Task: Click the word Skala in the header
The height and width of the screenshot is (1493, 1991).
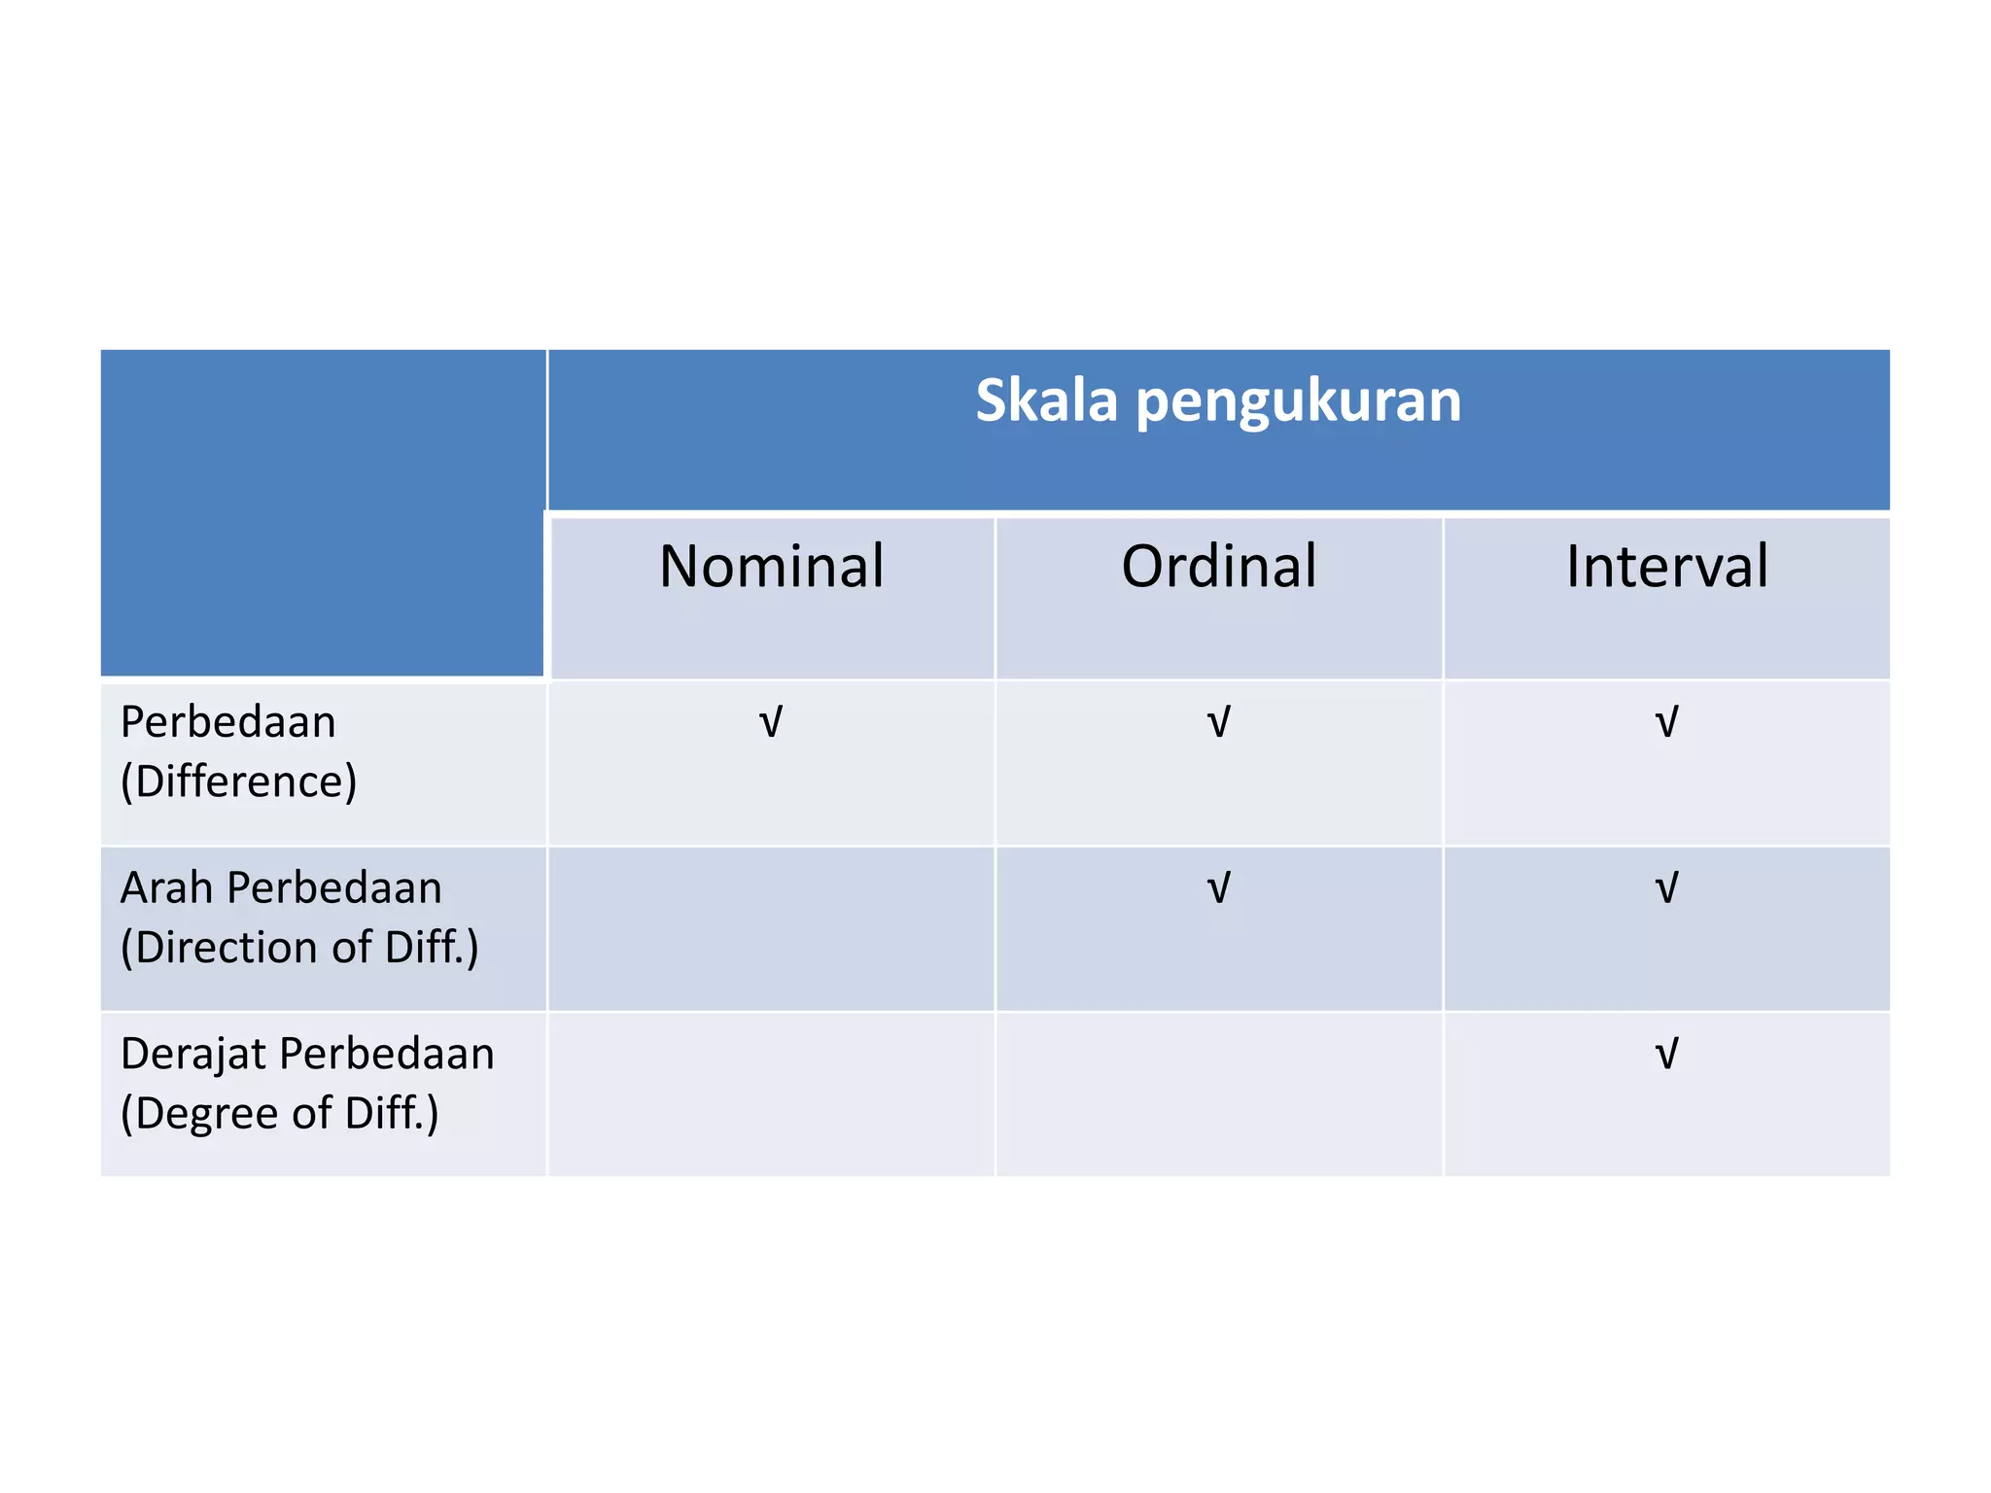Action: [x=1046, y=400]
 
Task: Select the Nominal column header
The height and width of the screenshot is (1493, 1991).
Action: [x=771, y=566]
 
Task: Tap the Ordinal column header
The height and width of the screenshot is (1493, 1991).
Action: [x=1218, y=566]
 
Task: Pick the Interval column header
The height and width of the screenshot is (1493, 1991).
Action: [x=1666, y=566]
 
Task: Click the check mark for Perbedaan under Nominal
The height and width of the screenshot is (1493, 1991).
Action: [x=770, y=723]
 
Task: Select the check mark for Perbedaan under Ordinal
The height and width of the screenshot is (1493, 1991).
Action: [x=1218, y=723]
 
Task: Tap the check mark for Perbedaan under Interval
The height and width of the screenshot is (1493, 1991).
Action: [x=1666, y=723]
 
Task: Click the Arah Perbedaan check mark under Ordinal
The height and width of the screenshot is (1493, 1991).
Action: [x=1218, y=888]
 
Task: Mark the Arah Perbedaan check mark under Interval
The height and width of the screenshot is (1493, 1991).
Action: [x=1666, y=888]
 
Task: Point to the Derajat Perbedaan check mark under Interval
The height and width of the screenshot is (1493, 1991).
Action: [x=1666, y=1054]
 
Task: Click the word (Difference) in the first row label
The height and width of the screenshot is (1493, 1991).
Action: [x=238, y=781]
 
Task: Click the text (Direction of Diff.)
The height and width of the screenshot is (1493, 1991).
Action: [x=299, y=948]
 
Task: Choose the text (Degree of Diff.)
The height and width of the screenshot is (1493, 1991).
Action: [x=279, y=1113]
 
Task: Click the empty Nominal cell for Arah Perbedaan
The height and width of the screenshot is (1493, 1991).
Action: [x=771, y=928]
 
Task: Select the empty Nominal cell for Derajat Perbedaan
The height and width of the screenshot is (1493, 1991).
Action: [x=771, y=1094]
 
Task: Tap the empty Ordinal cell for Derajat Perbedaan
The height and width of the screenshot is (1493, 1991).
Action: [x=1218, y=1094]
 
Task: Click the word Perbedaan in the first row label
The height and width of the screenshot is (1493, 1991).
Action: [x=227, y=722]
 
